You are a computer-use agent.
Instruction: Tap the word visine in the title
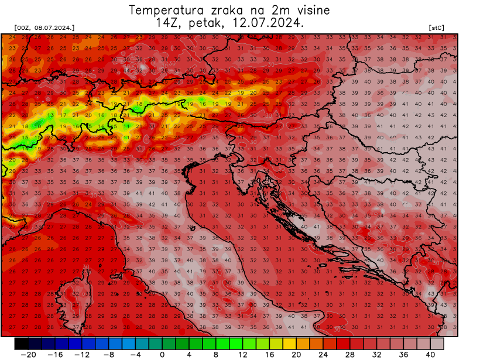point(311,11)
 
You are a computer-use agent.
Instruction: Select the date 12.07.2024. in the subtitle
point(268,23)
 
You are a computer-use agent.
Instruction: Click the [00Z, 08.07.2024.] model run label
point(44,28)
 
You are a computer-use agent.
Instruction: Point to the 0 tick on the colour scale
point(162,354)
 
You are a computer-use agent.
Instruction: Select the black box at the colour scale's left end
point(22,343)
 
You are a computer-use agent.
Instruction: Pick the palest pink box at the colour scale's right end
point(437,343)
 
